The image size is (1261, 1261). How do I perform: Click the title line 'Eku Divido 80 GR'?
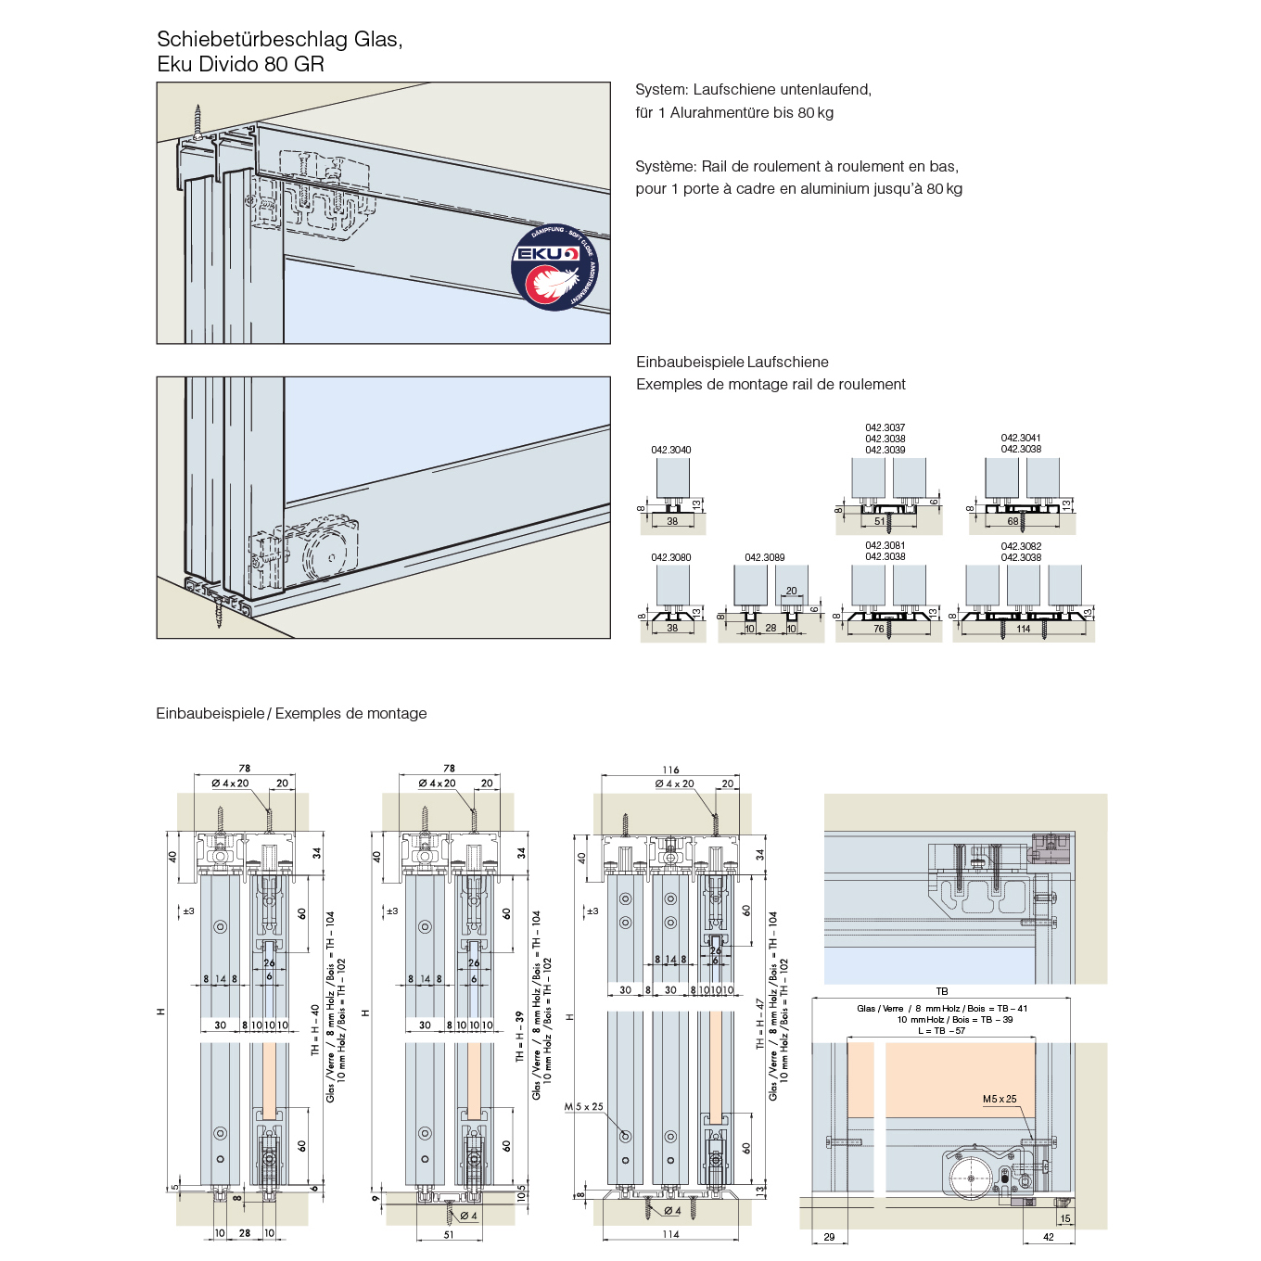click(x=240, y=64)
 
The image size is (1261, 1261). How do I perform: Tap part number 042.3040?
click(x=670, y=450)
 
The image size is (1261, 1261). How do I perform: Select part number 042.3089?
click(x=764, y=557)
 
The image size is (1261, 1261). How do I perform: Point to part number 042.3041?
click(x=1021, y=438)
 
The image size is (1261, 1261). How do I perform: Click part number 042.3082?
click(x=1021, y=546)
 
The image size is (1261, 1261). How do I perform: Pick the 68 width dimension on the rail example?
click(x=1013, y=521)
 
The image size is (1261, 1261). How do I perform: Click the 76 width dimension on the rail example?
click(x=879, y=630)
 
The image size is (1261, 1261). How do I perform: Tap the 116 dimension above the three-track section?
click(x=670, y=770)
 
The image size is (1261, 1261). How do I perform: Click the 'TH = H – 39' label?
click(x=520, y=1035)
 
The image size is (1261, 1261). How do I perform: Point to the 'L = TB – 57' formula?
click(x=941, y=1030)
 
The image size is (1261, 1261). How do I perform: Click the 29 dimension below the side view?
click(x=829, y=1237)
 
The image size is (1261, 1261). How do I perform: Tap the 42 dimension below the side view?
click(x=1049, y=1237)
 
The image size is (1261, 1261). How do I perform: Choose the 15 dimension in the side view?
click(x=1065, y=1218)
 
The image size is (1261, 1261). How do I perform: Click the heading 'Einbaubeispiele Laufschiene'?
click(x=732, y=362)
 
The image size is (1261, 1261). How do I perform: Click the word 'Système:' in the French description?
click(x=666, y=166)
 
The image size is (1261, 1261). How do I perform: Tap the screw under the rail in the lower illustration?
click(x=220, y=614)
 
